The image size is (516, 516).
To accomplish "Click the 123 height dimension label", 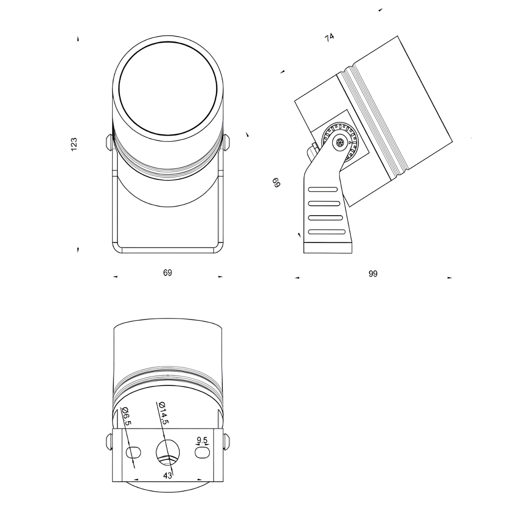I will click(x=74, y=144).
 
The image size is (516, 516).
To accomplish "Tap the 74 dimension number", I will click(x=330, y=37).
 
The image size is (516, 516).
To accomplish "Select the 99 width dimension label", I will click(x=373, y=274).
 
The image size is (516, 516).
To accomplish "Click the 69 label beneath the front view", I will click(x=168, y=273).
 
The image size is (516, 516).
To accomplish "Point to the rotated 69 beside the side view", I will click(x=276, y=182).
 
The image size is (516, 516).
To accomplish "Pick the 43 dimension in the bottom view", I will click(x=168, y=475).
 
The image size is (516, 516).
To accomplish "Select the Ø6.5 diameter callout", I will click(x=126, y=417).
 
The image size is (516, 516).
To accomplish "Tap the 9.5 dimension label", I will click(x=202, y=440).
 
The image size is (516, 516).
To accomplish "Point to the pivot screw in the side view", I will click(x=340, y=143).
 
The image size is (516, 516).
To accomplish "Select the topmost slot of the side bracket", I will click(x=323, y=189).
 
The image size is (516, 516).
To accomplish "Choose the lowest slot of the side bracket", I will click(x=327, y=232).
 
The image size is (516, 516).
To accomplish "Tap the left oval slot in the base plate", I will click(x=134, y=452).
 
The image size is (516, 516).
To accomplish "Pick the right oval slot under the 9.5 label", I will click(x=202, y=452).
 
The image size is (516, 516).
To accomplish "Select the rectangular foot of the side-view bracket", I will click(x=328, y=248).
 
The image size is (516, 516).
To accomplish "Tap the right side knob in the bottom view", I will click(x=227, y=441).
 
